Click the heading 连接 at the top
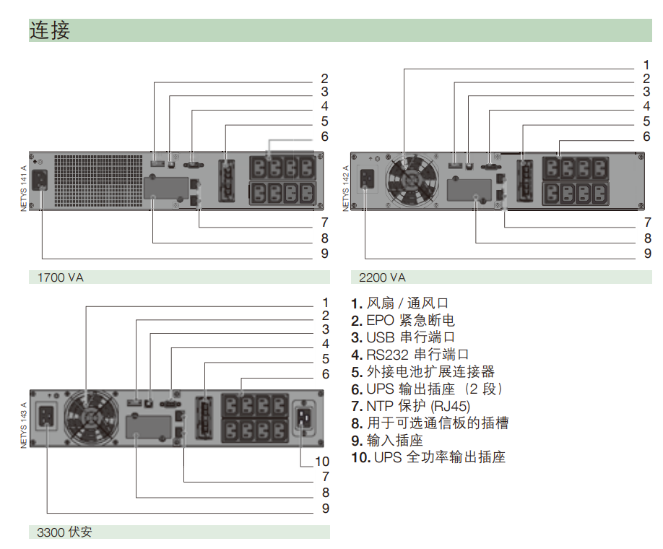point(49,30)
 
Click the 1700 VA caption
point(61,277)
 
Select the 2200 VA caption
point(382,277)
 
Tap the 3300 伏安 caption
point(64,532)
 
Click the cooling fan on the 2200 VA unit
point(412,180)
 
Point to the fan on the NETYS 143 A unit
point(91,418)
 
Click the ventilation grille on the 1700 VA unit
point(98,181)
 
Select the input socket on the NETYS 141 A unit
point(40,180)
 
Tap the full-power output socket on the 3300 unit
point(305,417)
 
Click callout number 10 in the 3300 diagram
point(322,462)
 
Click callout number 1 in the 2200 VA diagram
point(646,65)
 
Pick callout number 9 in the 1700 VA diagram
point(324,254)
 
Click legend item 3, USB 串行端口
point(403,337)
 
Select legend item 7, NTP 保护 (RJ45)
point(410,406)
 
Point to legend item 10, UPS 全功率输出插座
point(428,457)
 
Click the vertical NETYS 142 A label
point(346,189)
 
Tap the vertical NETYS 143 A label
point(23,425)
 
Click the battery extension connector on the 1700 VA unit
point(227,181)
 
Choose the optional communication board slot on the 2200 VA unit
point(469,190)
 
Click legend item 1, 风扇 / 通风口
point(399,303)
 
